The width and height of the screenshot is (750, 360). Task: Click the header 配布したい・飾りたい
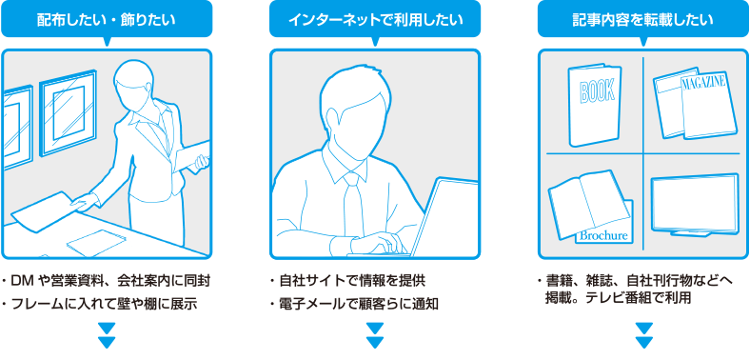coord(106,19)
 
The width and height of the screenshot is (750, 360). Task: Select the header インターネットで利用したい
coord(375,19)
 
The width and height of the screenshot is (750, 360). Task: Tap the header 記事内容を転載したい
coord(643,19)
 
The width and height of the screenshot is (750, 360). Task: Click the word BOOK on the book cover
coord(597,92)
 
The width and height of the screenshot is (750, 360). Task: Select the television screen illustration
coord(694,201)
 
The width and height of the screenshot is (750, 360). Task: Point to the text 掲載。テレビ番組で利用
coord(618,297)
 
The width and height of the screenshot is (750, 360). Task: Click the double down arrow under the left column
coord(107,335)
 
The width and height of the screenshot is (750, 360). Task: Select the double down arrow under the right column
coord(644,335)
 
